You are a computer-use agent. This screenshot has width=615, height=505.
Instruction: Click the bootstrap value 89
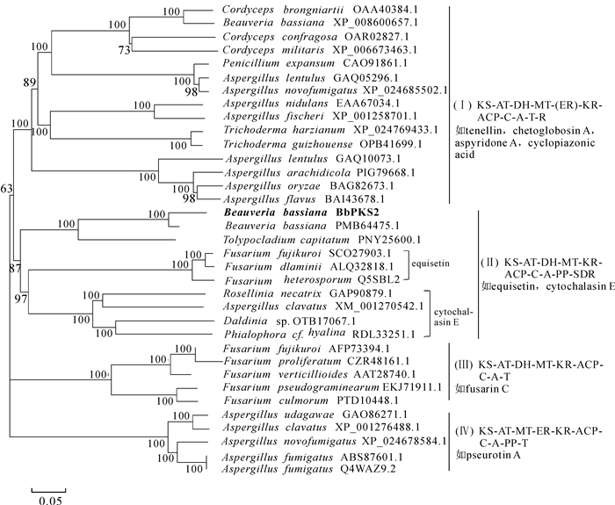[x=30, y=82]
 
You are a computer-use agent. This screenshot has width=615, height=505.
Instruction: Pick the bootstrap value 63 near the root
[x=7, y=188]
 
